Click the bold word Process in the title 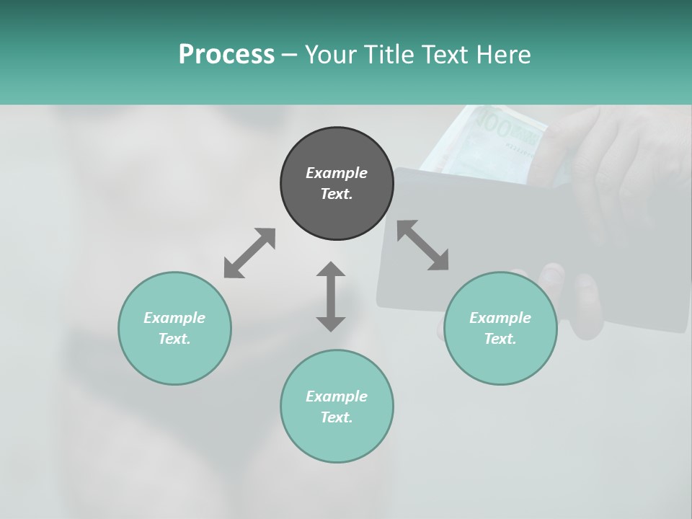tap(226, 54)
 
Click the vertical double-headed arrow tap(331, 296)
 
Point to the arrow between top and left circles tap(249, 253)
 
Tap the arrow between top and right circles tap(422, 245)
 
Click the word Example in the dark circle tap(337, 173)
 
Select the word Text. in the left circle tap(174, 339)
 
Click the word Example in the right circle tap(500, 318)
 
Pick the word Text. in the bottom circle tap(337, 417)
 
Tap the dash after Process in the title tap(289, 55)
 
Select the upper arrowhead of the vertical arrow tap(331, 270)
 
